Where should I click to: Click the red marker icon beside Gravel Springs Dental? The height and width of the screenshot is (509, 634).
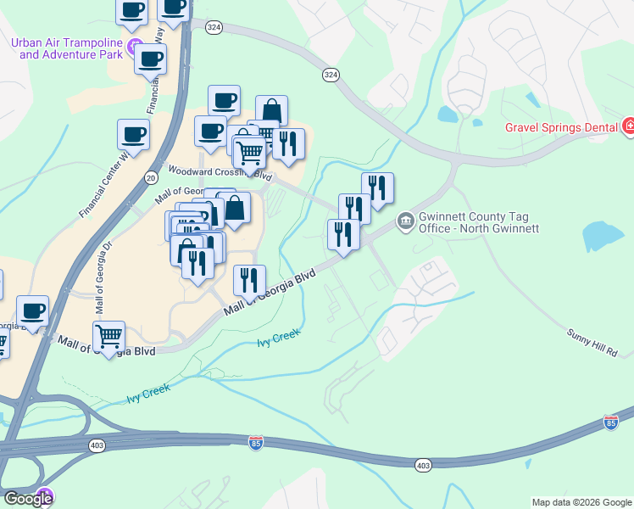(629, 128)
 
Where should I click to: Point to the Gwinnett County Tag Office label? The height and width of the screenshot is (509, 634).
(478, 222)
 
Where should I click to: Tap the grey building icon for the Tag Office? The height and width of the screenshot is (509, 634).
(405, 222)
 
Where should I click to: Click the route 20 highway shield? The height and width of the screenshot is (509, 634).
(151, 177)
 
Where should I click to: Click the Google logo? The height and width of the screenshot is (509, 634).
(27, 499)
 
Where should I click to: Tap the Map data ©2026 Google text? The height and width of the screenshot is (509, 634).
(582, 502)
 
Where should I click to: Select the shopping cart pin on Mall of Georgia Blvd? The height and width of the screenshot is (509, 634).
(108, 337)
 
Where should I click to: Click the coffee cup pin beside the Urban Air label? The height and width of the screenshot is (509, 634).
(150, 59)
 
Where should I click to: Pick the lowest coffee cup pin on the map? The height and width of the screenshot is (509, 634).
(33, 310)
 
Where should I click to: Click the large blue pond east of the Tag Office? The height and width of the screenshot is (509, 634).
(603, 235)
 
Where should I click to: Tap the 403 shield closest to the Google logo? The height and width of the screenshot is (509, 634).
(96, 444)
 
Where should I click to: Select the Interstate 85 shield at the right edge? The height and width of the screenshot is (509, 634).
(611, 422)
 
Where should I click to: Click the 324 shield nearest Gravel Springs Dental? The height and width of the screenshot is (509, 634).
(331, 76)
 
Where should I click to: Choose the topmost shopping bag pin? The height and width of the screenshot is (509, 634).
(271, 110)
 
